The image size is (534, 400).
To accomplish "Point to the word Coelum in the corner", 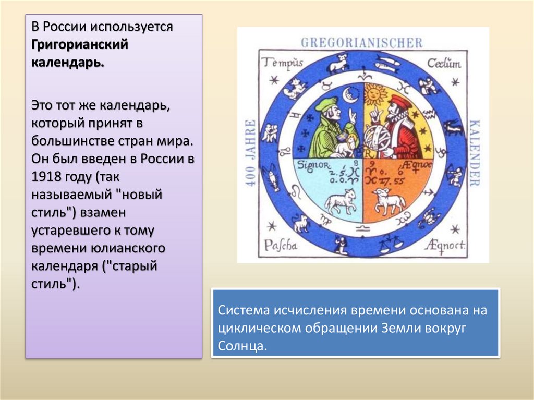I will pos(444,64).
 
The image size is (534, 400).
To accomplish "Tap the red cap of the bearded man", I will pos(400,101).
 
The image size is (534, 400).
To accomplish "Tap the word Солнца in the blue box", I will pos(242,346).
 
